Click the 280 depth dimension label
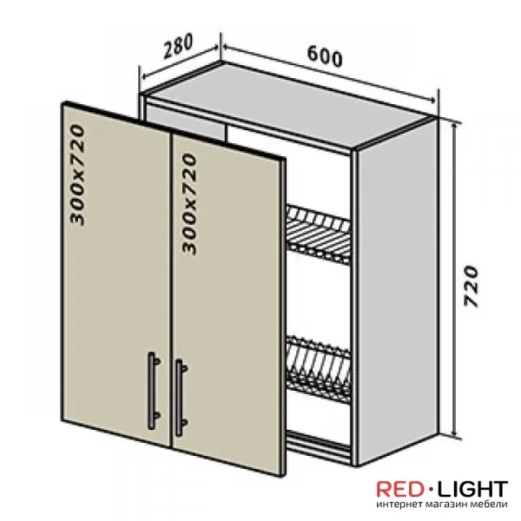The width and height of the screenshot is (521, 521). coord(178,46)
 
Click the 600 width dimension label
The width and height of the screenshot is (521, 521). coord(324,56)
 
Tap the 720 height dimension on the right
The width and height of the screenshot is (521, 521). coord(471,286)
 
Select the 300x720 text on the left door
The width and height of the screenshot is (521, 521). coord(77,175)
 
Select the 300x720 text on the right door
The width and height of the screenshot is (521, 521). coord(189,204)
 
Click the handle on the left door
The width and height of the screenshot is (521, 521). coord(153,390)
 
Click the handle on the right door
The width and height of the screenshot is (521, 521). coord(181,398)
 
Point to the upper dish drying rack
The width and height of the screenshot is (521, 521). coord(319,235)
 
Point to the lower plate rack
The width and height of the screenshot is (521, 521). coord(319,369)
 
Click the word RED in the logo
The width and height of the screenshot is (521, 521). coord(400,490)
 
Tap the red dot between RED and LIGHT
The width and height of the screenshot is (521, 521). coord(431,489)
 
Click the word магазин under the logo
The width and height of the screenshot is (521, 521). coord(448,505)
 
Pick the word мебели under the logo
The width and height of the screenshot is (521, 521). coord(490,504)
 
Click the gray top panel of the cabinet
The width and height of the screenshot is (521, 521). coord(288,103)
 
